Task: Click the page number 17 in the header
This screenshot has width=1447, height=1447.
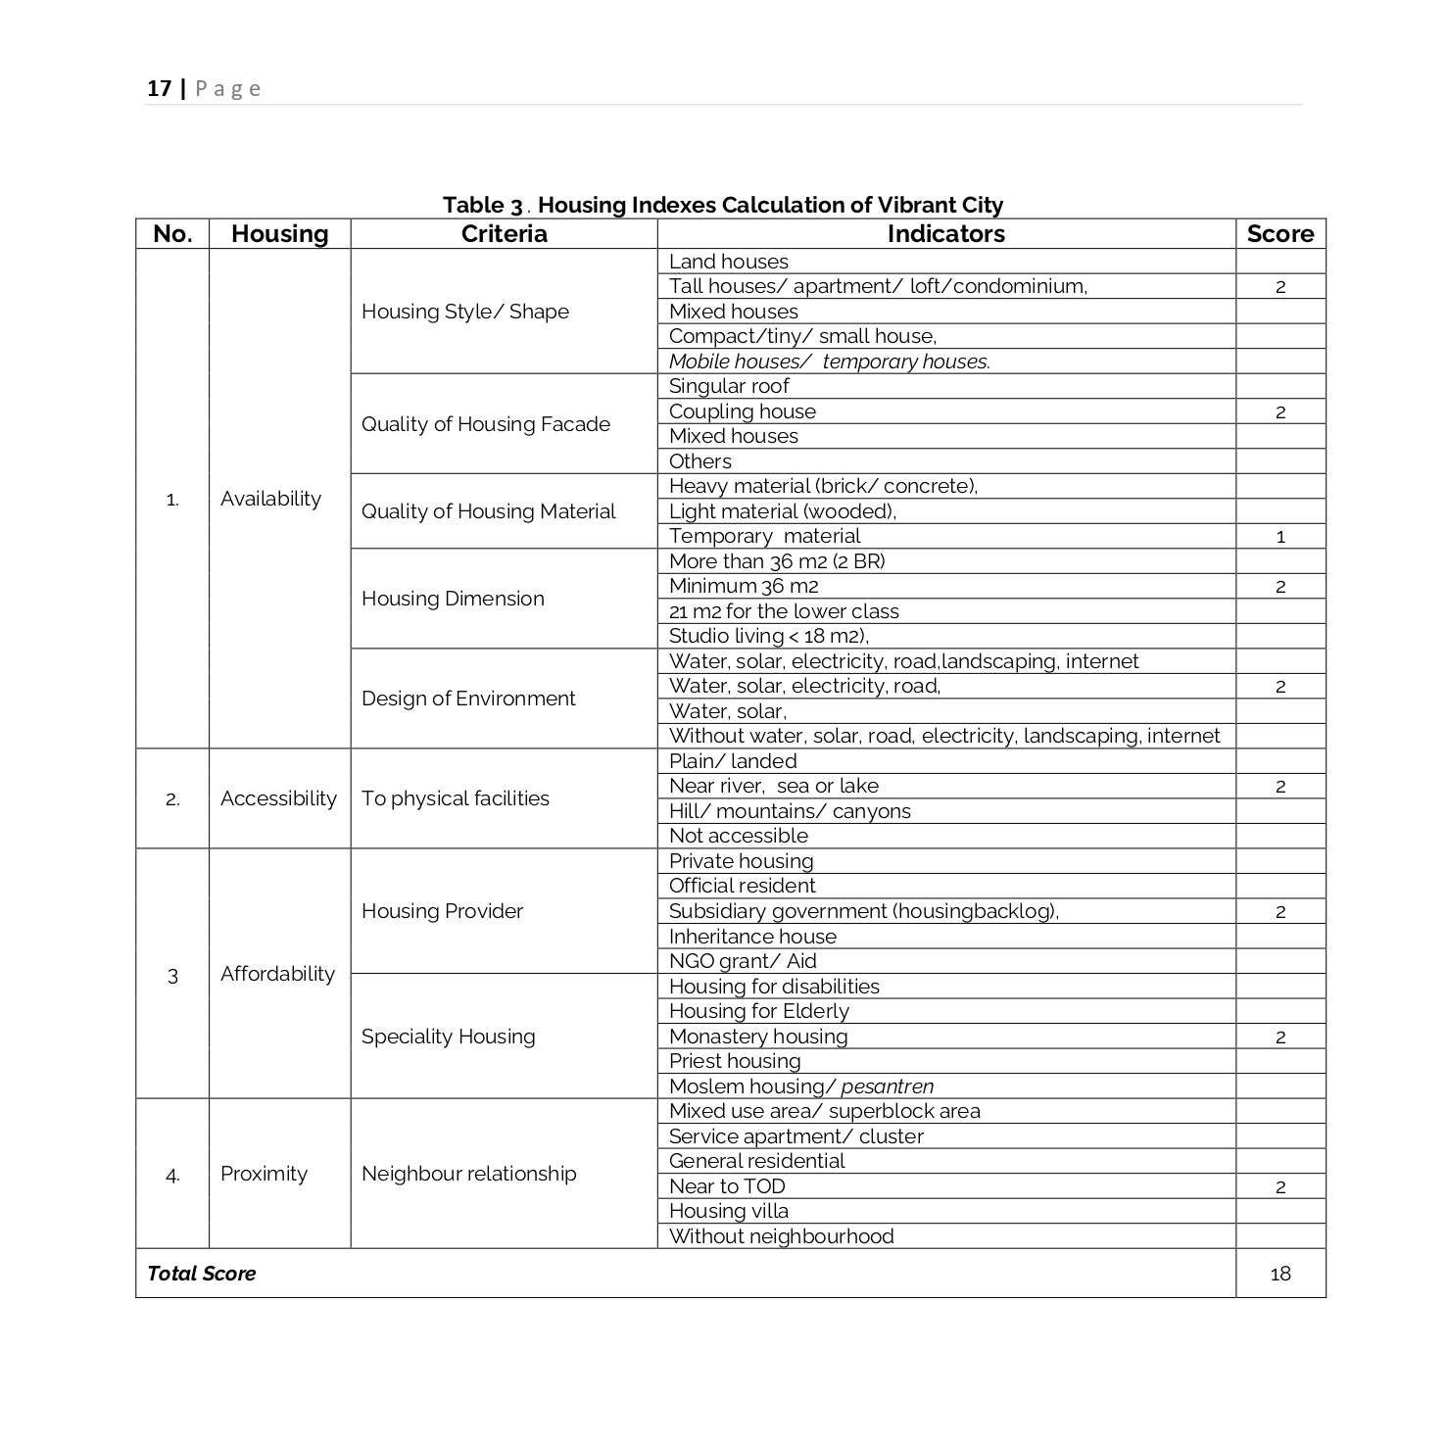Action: (x=159, y=88)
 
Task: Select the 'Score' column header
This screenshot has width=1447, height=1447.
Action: (x=1279, y=234)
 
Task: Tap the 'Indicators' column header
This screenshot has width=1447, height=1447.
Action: (x=945, y=234)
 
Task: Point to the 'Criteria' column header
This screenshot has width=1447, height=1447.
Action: (x=504, y=234)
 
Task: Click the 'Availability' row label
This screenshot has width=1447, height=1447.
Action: (x=270, y=499)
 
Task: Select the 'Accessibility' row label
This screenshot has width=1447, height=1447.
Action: (x=278, y=798)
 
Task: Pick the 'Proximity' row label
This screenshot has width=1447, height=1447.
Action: (x=264, y=1174)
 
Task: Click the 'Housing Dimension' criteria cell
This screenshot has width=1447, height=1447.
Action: (x=453, y=599)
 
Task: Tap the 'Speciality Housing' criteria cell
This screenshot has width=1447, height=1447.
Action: (x=448, y=1037)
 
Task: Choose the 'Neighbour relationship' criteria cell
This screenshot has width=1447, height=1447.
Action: (x=468, y=1174)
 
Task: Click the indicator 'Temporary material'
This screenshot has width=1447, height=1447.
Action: (x=764, y=536)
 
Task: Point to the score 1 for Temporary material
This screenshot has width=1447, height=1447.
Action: (x=1280, y=537)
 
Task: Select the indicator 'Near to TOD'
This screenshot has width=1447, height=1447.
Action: (x=727, y=1186)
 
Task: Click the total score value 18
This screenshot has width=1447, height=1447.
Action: (x=1280, y=1274)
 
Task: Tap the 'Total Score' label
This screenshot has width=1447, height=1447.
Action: (x=201, y=1274)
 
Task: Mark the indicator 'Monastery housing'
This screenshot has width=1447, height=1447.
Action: (x=758, y=1037)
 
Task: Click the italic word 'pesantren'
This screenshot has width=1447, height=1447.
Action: (x=887, y=1086)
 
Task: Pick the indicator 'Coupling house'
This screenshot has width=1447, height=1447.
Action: (x=742, y=411)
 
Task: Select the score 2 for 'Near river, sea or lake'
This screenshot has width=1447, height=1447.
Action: (x=1280, y=787)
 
